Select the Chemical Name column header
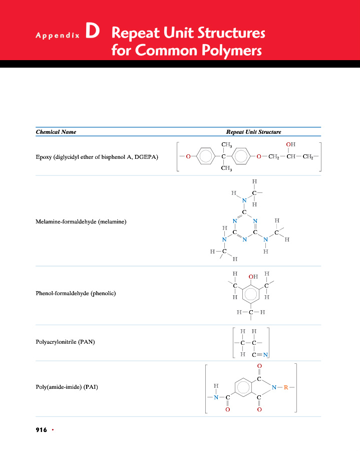point(56,132)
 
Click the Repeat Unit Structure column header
point(253,132)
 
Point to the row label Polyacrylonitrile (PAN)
point(66,342)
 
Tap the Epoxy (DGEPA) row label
point(97,157)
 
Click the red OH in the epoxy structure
point(290,145)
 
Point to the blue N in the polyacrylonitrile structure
point(266,355)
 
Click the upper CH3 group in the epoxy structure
point(226,145)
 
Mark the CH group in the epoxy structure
point(291,157)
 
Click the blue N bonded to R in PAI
point(274,387)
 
